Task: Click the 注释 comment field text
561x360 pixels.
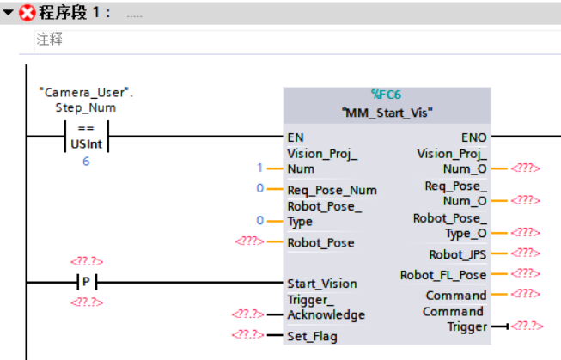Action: tap(49, 40)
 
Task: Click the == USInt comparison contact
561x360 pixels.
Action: tap(85, 137)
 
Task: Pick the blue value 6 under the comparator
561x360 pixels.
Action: tap(85, 161)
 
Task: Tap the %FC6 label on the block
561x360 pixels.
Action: tap(387, 95)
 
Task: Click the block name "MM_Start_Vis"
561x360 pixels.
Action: tap(387, 112)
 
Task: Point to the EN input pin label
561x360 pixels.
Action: tap(295, 137)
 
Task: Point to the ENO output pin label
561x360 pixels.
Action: tap(474, 137)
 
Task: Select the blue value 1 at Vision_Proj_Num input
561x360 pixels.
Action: tap(259, 168)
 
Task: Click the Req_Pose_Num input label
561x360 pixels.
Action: tap(332, 190)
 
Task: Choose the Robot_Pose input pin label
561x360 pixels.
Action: tap(320, 242)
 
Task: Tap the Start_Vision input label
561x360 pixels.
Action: tap(321, 284)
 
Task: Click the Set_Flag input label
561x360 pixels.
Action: tap(312, 336)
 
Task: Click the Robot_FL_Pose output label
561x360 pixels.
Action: tap(443, 275)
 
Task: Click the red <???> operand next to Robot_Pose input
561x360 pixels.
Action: tap(249, 242)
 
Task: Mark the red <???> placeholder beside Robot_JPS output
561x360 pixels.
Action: tap(525, 254)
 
